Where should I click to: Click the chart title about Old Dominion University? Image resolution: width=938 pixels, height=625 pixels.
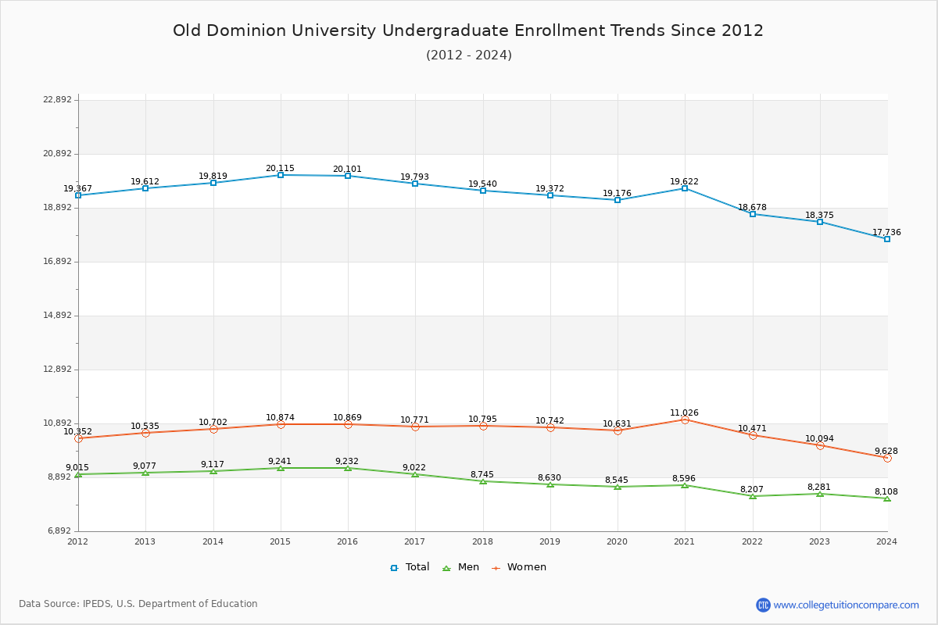(x=468, y=30)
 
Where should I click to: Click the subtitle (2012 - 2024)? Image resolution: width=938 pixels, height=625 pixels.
(x=469, y=55)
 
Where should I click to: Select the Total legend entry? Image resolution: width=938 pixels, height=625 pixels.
(x=410, y=567)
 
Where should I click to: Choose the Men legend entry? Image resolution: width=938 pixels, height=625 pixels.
(x=461, y=567)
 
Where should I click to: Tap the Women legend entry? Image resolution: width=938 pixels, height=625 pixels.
(x=519, y=567)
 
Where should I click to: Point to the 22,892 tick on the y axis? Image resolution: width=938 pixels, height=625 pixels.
(x=57, y=100)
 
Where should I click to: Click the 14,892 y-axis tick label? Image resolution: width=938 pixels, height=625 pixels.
(x=57, y=316)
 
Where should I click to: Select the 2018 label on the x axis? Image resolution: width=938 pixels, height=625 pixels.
(x=482, y=541)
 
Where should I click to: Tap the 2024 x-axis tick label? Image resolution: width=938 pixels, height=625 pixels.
(x=886, y=541)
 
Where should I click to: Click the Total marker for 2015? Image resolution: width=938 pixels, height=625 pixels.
(x=281, y=175)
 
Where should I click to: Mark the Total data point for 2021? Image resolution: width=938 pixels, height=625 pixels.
(x=685, y=188)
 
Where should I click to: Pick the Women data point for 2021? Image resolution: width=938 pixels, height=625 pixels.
(x=685, y=420)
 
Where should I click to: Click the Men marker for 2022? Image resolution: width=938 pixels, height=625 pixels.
(x=753, y=496)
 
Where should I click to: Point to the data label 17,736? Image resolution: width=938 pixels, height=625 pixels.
(x=886, y=233)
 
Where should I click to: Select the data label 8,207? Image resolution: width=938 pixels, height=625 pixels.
(x=752, y=490)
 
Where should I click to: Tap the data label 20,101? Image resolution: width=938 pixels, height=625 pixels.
(x=347, y=170)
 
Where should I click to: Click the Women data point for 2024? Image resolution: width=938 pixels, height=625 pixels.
(x=887, y=458)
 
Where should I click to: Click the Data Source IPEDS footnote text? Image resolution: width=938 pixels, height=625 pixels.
(x=138, y=604)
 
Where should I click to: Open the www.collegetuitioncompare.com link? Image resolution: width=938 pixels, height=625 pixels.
(x=846, y=605)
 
